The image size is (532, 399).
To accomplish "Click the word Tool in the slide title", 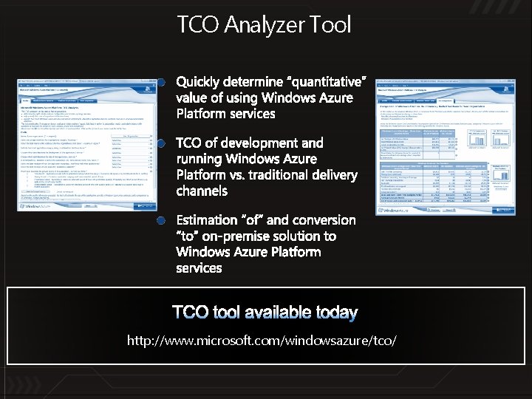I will (331, 24).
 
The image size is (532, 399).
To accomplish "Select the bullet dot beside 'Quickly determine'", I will (162, 82).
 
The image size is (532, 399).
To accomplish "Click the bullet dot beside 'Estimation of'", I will (162, 220).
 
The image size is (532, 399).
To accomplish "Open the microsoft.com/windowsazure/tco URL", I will (262, 340).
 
